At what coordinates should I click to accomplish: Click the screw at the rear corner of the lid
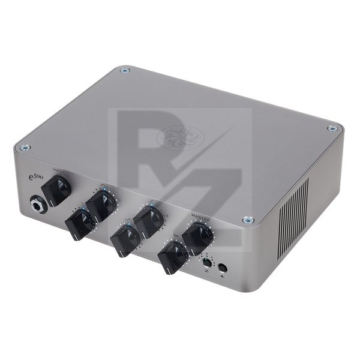coord(124,70)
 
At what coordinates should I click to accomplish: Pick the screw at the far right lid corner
coord(331,128)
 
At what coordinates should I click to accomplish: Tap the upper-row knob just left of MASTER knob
coord(149,222)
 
